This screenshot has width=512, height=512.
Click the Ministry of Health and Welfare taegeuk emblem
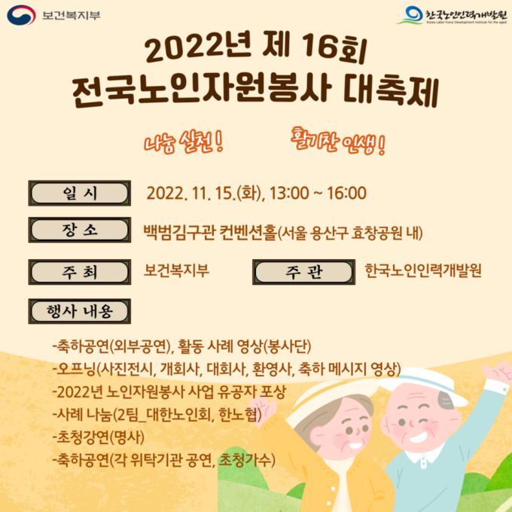pos(21,15)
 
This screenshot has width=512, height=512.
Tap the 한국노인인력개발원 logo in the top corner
pos(452,15)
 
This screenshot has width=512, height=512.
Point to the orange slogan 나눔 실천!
pos(184,143)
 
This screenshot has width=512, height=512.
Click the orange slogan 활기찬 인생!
pos(338,141)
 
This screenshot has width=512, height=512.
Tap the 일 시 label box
pos(80,193)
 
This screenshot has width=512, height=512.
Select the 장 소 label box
pos(80,230)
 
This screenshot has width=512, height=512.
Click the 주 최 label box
pos(80,272)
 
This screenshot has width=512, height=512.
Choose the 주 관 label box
pos(303,272)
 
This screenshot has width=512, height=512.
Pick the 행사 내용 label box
pos(80,311)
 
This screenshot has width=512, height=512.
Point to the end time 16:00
pos(346,193)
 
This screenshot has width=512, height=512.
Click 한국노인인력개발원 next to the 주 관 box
pos(423,271)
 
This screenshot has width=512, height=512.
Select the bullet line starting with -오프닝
pos(227,369)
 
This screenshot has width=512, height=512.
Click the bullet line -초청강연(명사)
pos(99,437)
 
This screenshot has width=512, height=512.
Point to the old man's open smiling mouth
pos(419,437)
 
